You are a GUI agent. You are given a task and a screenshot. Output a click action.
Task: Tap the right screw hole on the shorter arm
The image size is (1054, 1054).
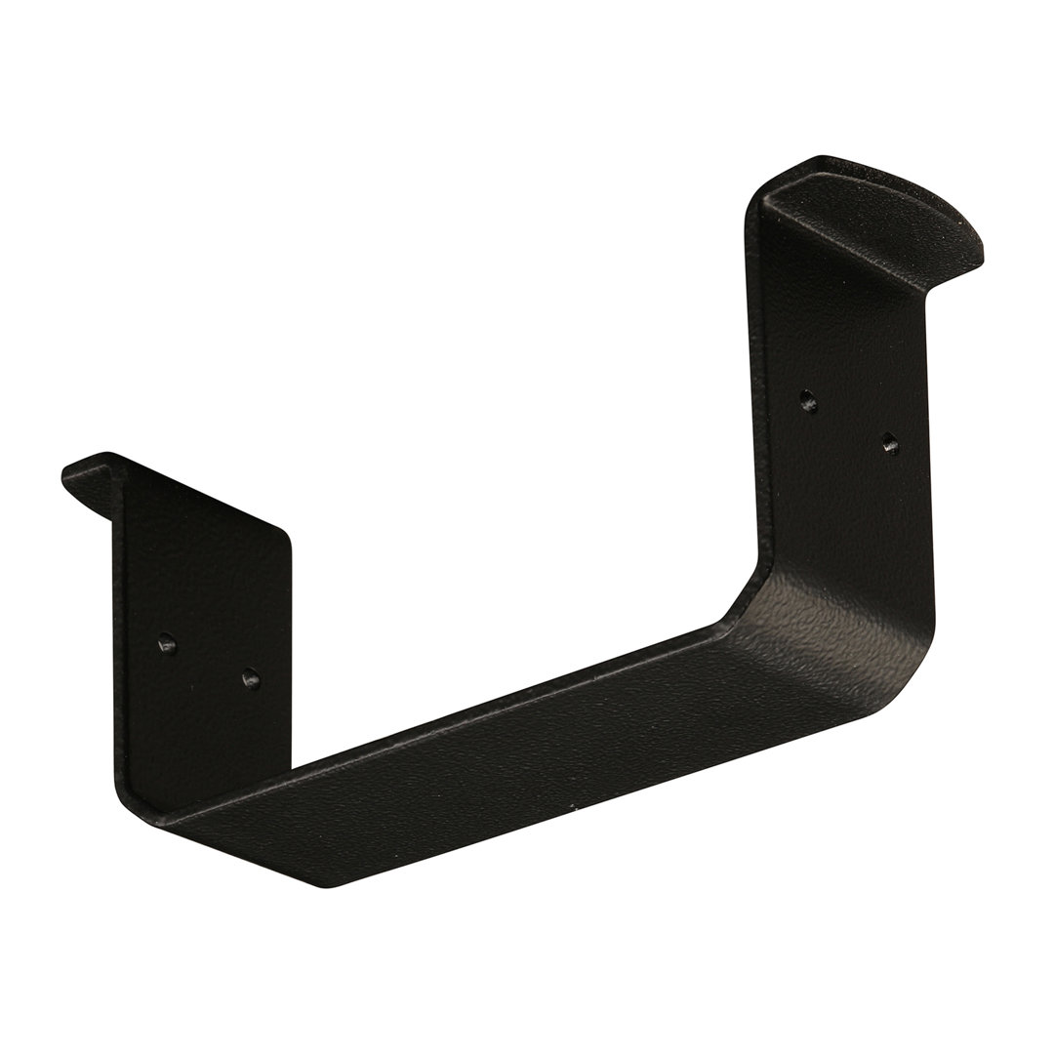(x=251, y=674)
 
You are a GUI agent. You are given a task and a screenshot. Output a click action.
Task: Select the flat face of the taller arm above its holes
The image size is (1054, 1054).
(x=839, y=312)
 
